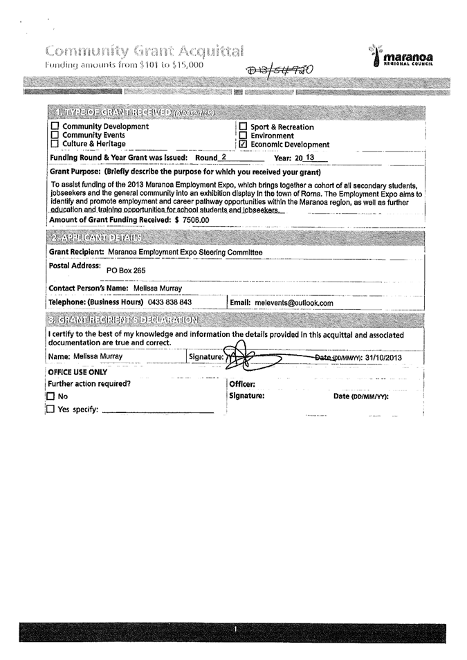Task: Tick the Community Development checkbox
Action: point(55,127)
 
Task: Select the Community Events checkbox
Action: point(55,136)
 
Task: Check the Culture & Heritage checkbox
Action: point(55,144)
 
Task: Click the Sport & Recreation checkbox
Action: point(243,127)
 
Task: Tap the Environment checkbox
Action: point(243,136)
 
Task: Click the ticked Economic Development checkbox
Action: point(243,145)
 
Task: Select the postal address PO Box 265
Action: point(126,271)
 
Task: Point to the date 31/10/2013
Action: point(383,357)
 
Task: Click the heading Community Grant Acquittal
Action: point(145,51)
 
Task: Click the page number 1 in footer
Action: point(236,629)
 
